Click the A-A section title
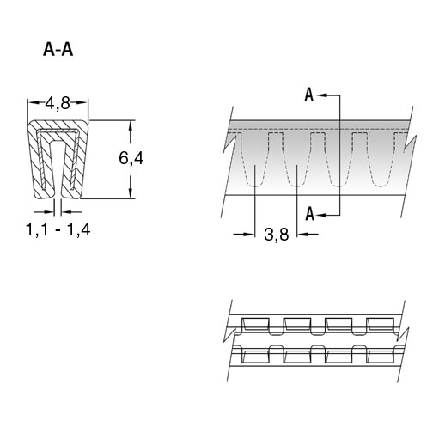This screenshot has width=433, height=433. (x=58, y=50)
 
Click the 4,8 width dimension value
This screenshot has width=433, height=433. (x=58, y=103)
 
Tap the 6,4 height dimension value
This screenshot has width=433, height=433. (x=131, y=158)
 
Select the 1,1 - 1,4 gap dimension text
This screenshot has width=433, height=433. (x=58, y=229)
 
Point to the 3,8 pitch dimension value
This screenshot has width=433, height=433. (x=277, y=235)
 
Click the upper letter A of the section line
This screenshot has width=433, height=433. (x=309, y=95)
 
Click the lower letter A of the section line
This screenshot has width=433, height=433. (x=309, y=214)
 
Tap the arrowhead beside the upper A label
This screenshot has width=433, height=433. (x=322, y=95)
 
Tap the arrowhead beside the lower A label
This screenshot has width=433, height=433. (x=322, y=215)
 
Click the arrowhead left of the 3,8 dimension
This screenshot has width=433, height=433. (x=249, y=235)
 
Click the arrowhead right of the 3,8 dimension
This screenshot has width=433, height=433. (x=302, y=235)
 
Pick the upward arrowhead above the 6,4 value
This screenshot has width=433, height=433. (x=131, y=126)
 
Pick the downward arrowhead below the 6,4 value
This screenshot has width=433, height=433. (x=131, y=192)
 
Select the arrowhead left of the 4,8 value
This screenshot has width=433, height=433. (x=34, y=102)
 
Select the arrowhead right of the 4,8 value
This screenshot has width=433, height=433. (x=82, y=102)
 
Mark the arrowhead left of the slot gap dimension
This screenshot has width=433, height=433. (x=49, y=212)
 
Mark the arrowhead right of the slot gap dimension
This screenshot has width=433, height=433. (x=66, y=212)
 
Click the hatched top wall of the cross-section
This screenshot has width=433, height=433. (x=58, y=125)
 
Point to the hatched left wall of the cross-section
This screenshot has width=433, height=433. (x=34, y=161)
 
